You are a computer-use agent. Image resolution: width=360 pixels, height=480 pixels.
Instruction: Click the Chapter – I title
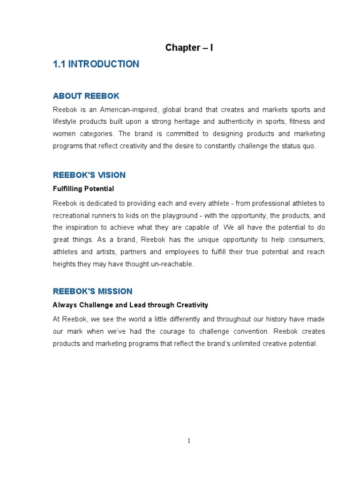(x=189, y=48)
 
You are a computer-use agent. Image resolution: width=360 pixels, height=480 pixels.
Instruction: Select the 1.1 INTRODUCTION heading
(x=96, y=64)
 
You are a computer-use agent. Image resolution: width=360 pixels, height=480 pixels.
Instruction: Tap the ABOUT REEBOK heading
(x=86, y=96)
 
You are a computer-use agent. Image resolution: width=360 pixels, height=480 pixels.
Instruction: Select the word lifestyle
(x=65, y=122)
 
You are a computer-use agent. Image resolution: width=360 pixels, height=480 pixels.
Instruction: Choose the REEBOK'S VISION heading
(x=89, y=175)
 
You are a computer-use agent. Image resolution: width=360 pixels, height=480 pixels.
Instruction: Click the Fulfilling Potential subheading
(x=83, y=189)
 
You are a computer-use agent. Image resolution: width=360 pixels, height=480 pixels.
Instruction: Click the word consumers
(x=305, y=240)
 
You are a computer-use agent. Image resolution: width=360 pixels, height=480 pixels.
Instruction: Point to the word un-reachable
(x=169, y=264)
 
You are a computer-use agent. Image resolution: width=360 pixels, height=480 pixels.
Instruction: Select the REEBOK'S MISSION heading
(x=92, y=291)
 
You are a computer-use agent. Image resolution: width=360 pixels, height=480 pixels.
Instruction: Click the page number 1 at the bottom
(x=189, y=441)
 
